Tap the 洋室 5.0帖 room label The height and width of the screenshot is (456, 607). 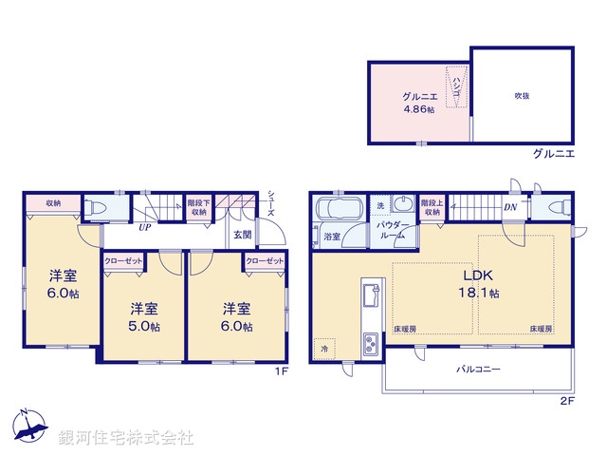click(x=144, y=317)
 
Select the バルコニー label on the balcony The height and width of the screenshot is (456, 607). click(x=480, y=368)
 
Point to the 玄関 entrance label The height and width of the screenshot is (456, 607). click(x=242, y=235)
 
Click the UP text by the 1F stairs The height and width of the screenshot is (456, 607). click(x=145, y=228)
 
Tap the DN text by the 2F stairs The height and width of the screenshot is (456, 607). click(x=510, y=208)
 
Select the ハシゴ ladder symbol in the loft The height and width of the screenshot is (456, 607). click(x=458, y=85)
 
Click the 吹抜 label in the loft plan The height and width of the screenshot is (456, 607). click(x=522, y=96)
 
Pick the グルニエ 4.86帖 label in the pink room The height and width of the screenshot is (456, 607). click(x=418, y=103)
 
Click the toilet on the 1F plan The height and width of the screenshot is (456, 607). click(x=97, y=207)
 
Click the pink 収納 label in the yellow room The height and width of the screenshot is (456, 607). click(x=53, y=203)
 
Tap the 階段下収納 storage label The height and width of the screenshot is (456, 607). click(x=199, y=207)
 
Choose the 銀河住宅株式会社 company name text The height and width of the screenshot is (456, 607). click(x=126, y=438)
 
